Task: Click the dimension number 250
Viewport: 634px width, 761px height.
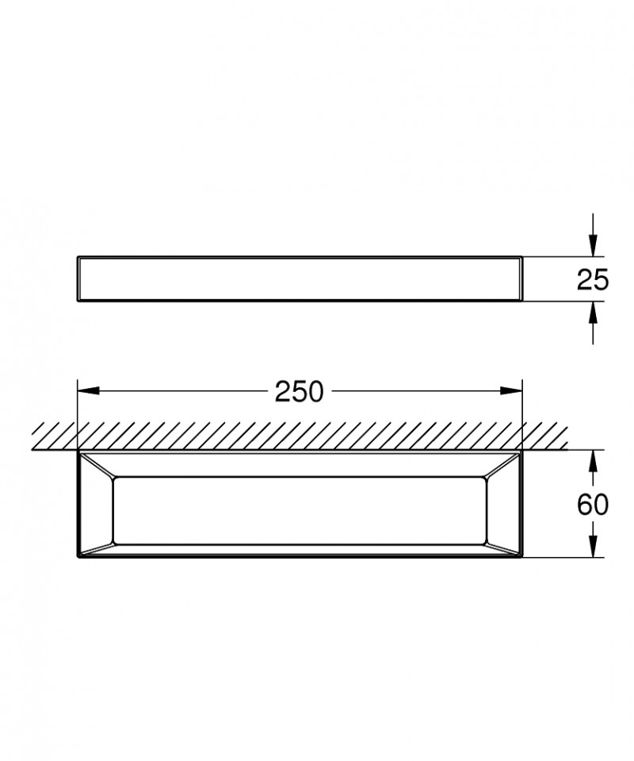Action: click(x=300, y=391)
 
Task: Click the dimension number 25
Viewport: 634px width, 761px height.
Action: click(x=593, y=279)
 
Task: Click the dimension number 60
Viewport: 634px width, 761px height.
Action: click(x=593, y=504)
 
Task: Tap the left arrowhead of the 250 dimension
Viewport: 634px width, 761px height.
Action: click(x=87, y=390)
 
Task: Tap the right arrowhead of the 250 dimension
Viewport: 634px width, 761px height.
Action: click(x=512, y=390)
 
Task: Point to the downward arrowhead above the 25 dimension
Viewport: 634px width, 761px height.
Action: click(x=592, y=247)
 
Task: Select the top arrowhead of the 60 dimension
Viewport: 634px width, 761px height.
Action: click(x=592, y=461)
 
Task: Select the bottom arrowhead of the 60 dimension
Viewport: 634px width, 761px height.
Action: click(x=592, y=547)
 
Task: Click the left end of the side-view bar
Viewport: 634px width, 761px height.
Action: click(x=79, y=279)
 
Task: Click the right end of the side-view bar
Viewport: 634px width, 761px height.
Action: click(x=521, y=279)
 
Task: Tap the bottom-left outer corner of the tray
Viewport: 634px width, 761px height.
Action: click(x=78, y=557)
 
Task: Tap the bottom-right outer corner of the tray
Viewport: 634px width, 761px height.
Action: click(x=522, y=557)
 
